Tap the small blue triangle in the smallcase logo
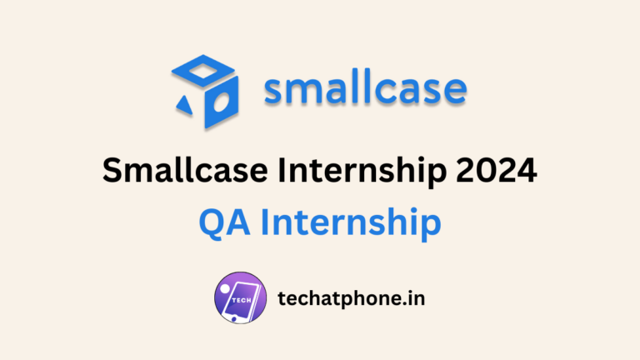(184, 103)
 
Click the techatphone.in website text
(351, 298)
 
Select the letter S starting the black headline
(111, 172)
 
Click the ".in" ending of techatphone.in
(413, 297)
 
